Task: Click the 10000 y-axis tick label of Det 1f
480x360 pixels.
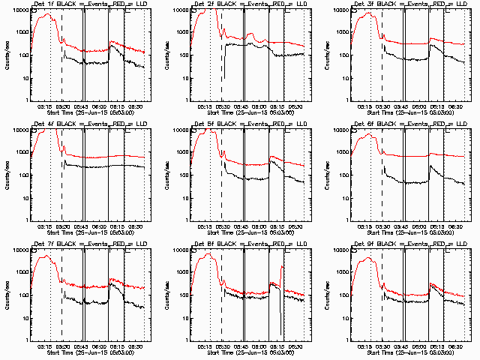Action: [x=19, y=10]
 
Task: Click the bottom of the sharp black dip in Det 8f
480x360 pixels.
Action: [x=280, y=334]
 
